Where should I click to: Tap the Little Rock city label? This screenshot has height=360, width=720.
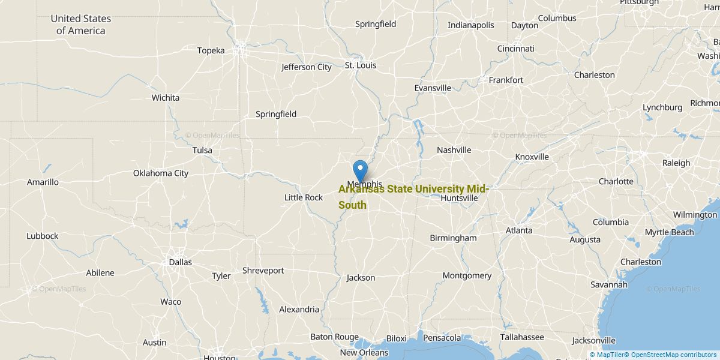[304, 197]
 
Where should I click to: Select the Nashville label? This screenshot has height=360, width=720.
[454, 150]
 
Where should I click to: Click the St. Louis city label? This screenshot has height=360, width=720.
[360, 65]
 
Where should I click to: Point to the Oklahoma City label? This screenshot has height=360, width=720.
[161, 173]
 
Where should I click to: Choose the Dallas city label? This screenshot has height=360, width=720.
[181, 262]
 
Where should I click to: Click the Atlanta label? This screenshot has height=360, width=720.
[519, 230]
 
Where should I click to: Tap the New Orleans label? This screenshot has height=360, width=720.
[364, 353]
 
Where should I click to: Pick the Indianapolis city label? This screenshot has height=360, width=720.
[471, 25]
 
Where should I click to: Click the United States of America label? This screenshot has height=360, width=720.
[81, 25]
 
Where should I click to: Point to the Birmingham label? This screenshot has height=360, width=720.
[453, 238]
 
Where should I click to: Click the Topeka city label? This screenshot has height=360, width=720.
[211, 50]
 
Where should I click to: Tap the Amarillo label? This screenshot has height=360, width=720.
[43, 182]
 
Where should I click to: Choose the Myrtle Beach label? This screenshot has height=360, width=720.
[670, 232]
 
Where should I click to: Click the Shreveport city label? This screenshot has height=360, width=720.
[263, 271]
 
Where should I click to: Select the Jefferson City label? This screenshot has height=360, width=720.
[307, 67]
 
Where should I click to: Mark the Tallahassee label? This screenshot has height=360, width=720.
[522, 337]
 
